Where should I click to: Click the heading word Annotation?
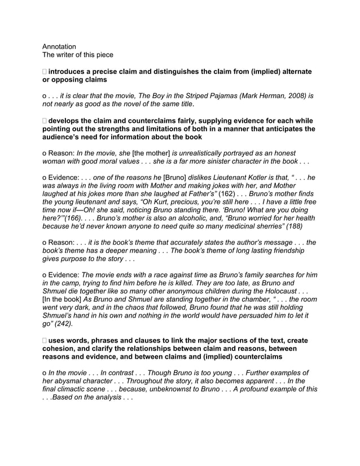pos(59,46)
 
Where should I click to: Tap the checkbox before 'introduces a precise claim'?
pos(45,72)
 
